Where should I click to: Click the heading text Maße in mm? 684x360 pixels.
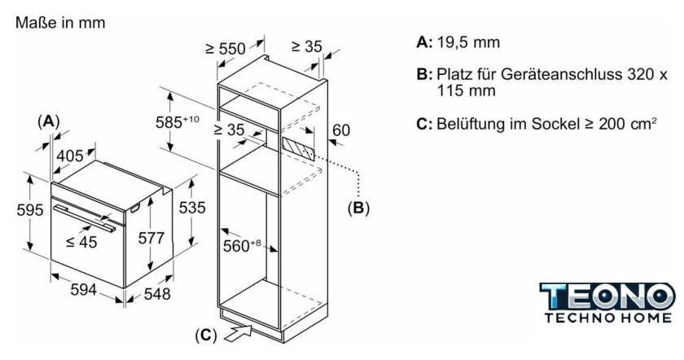point(60,24)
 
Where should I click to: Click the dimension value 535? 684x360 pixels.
point(191,208)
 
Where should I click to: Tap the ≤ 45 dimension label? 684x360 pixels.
point(81,241)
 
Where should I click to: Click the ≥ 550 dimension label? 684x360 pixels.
point(225,49)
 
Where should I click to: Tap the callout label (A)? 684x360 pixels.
point(50,121)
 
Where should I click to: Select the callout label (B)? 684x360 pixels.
point(358,208)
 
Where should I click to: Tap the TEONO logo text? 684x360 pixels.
point(607,296)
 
